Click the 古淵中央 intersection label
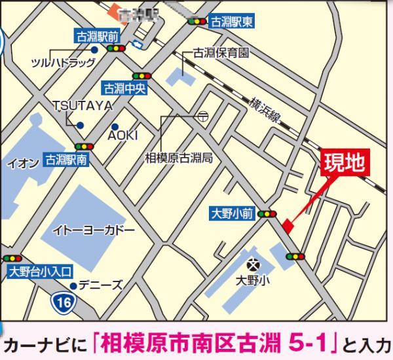[123, 86]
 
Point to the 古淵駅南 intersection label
[65, 158]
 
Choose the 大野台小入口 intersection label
[40, 270]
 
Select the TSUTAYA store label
[83, 105]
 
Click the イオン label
[20, 163]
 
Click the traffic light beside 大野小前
[267, 213]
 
